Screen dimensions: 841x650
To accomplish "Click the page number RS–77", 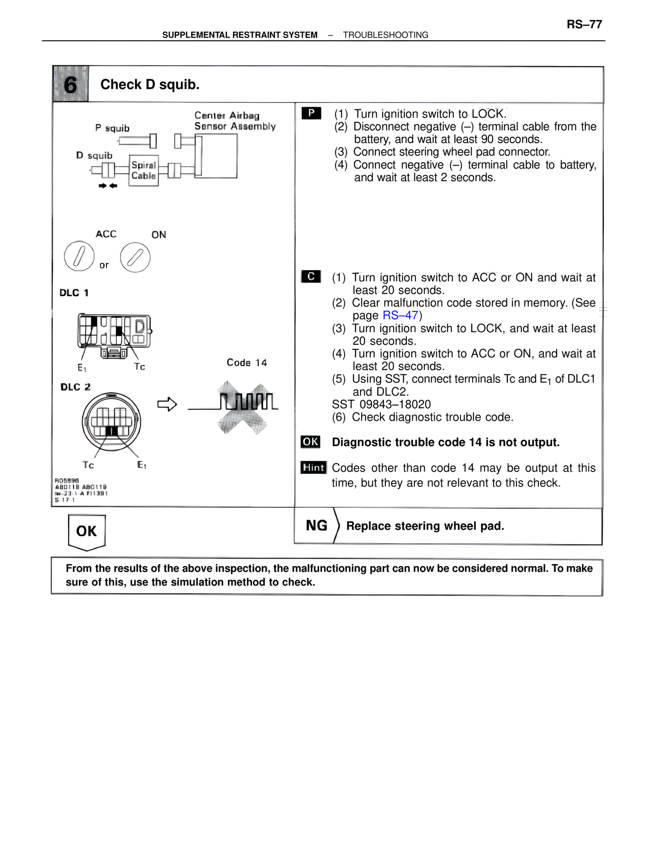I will click(x=584, y=24).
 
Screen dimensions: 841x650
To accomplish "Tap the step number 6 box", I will click(x=71, y=84).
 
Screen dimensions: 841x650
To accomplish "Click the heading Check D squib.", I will click(x=150, y=84).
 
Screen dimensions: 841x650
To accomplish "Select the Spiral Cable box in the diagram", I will click(x=144, y=171).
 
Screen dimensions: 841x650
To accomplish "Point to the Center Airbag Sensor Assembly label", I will click(x=235, y=121).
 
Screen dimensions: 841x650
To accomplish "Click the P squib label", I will click(x=112, y=128).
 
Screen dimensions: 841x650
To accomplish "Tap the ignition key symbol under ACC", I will click(x=79, y=256).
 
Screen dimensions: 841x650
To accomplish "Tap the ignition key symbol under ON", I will click(x=135, y=257).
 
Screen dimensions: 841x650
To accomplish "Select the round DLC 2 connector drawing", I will click(x=112, y=422).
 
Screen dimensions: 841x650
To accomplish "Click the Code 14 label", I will click(x=247, y=363).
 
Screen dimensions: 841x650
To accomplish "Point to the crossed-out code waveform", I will click(x=243, y=406).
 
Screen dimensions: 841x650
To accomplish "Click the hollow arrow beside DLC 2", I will click(x=167, y=405).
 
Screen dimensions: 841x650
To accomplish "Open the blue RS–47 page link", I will click(x=400, y=315).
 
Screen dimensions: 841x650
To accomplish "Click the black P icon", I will click(x=311, y=113).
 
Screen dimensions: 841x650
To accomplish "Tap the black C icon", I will click(x=311, y=276).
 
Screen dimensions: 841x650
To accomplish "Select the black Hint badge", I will click(x=313, y=467).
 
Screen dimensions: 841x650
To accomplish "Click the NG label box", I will click(x=316, y=526).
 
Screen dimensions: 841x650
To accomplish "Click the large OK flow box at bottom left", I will click(x=87, y=531).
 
